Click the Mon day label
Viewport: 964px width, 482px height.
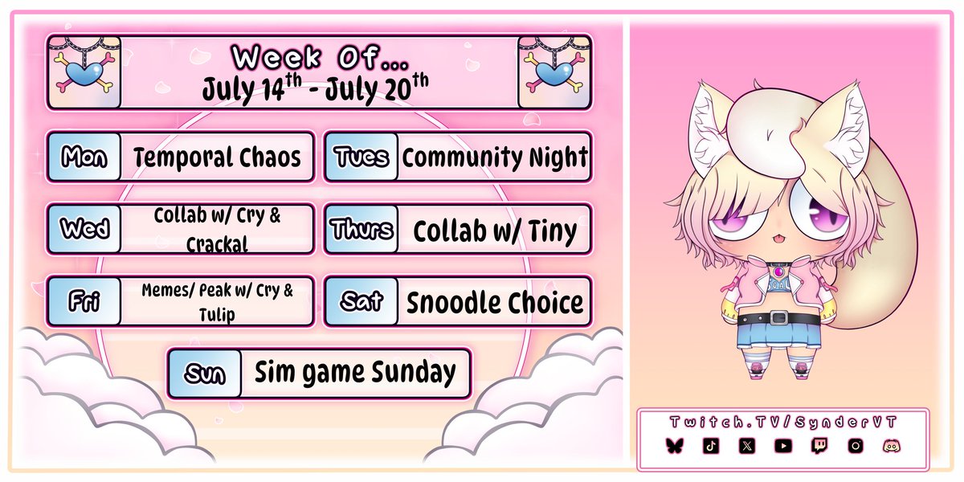point(84,157)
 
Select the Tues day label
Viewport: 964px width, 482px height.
point(361,157)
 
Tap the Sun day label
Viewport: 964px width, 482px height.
point(204,374)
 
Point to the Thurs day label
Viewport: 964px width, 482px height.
point(361,230)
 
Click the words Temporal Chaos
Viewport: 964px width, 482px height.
point(217,157)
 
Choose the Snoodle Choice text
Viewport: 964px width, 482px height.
point(495,303)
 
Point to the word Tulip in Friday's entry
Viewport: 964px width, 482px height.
point(217,314)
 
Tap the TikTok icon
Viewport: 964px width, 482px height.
point(710,445)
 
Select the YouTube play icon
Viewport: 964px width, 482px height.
point(783,445)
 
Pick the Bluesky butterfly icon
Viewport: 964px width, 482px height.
point(673,445)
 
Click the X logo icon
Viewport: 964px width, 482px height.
point(747,445)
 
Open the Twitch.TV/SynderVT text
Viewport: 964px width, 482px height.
point(782,423)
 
